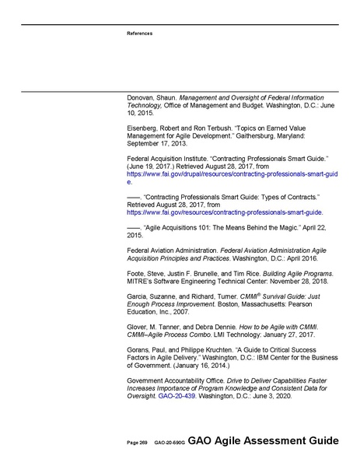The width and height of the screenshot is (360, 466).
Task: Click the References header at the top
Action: point(139,33)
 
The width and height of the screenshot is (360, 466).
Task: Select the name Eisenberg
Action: point(144,127)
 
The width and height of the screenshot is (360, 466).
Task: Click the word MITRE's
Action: point(140,282)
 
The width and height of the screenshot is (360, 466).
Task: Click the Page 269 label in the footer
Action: point(138,442)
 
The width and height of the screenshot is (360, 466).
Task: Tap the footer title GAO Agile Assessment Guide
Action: point(262,440)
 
